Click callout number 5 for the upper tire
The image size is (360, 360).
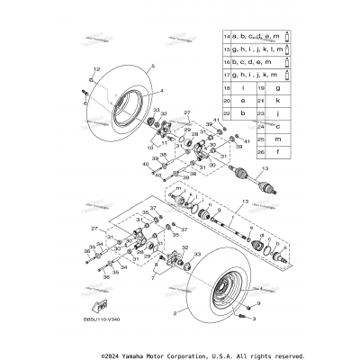[x=154, y=67]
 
